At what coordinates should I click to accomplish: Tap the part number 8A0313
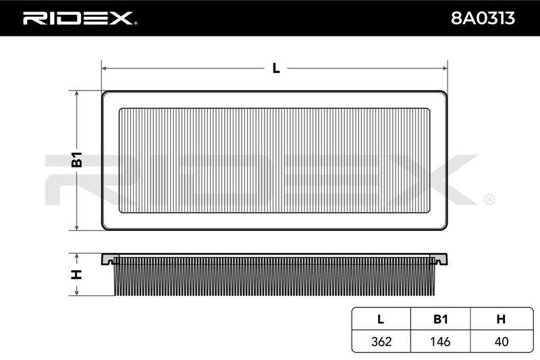click(483, 18)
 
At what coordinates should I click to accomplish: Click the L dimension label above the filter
click(276, 68)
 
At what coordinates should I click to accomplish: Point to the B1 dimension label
click(77, 159)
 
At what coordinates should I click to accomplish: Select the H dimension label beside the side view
click(76, 275)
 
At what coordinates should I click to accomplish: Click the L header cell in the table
click(381, 319)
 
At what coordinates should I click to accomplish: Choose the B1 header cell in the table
click(441, 319)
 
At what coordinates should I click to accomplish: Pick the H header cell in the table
click(501, 319)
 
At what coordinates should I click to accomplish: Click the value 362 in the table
click(381, 341)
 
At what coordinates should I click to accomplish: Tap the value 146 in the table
click(440, 341)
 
